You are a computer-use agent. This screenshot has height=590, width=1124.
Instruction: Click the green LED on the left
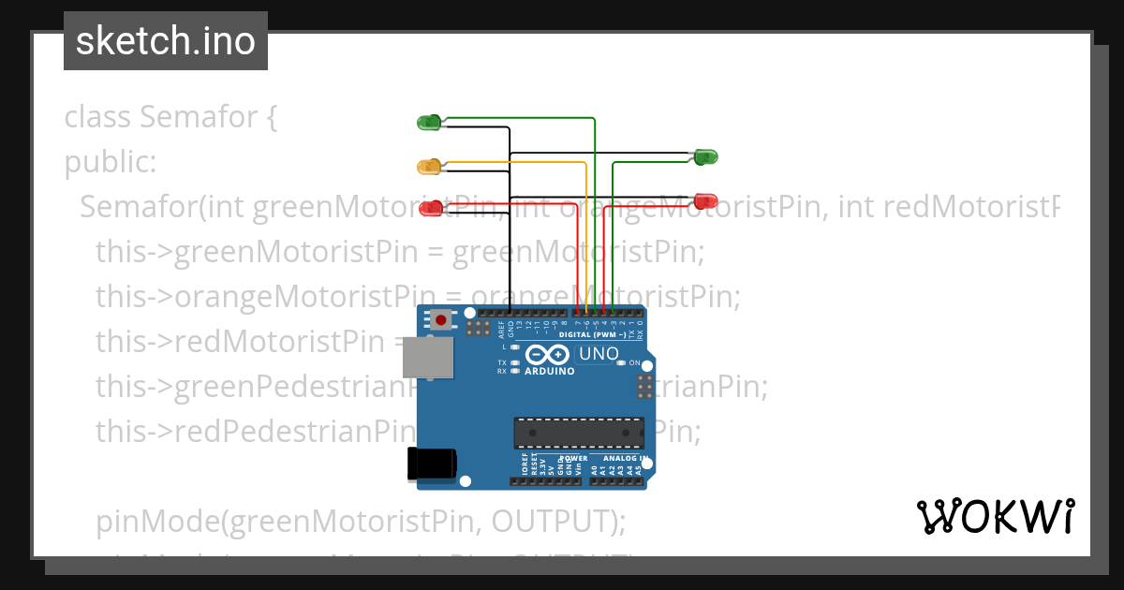point(429,122)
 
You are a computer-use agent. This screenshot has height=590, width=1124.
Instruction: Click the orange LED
point(429,167)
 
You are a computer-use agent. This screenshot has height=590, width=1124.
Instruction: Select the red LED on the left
point(431,208)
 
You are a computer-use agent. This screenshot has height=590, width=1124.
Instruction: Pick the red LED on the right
point(706,200)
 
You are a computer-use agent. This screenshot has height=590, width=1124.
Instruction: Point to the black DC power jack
point(432,464)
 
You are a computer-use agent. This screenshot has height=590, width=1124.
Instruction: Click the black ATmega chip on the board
point(578,433)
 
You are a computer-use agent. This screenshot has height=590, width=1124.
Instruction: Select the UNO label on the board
point(599,354)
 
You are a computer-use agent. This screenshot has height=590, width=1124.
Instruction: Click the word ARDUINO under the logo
point(550,371)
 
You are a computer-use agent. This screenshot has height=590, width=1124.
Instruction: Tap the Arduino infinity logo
point(549,355)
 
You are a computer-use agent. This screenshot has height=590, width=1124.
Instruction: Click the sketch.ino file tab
point(166,41)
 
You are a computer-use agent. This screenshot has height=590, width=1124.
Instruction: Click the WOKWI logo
point(995,516)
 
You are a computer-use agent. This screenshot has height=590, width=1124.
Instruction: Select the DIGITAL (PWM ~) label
point(592,333)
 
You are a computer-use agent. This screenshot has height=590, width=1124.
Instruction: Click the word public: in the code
point(111,162)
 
